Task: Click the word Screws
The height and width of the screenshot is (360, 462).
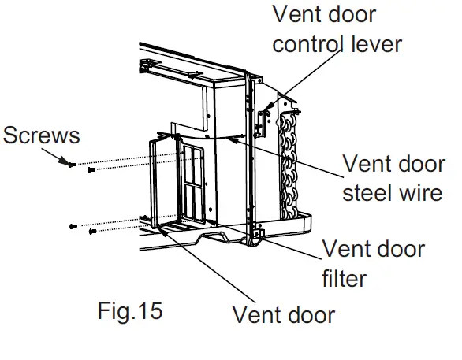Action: pyautogui.click(x=42, y=135)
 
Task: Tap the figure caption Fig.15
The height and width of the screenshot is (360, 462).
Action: pyautogui.click(x=130, y=310)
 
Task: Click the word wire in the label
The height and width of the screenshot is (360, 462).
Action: pyautogui.click(x=422, y=192)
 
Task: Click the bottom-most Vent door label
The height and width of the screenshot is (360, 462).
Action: pyautogui.click(x=283, y=315)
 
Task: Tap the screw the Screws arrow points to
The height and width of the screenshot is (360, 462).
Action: pyautogui.click(x=72, y=165)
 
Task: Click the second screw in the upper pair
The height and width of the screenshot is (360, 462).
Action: pyautogui.click(x=91, y=169)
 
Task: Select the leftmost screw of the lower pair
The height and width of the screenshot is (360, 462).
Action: pyautogui.click(x=74, y=226)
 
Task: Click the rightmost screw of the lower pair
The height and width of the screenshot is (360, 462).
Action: pyautogui.click(x=93, y=231)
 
